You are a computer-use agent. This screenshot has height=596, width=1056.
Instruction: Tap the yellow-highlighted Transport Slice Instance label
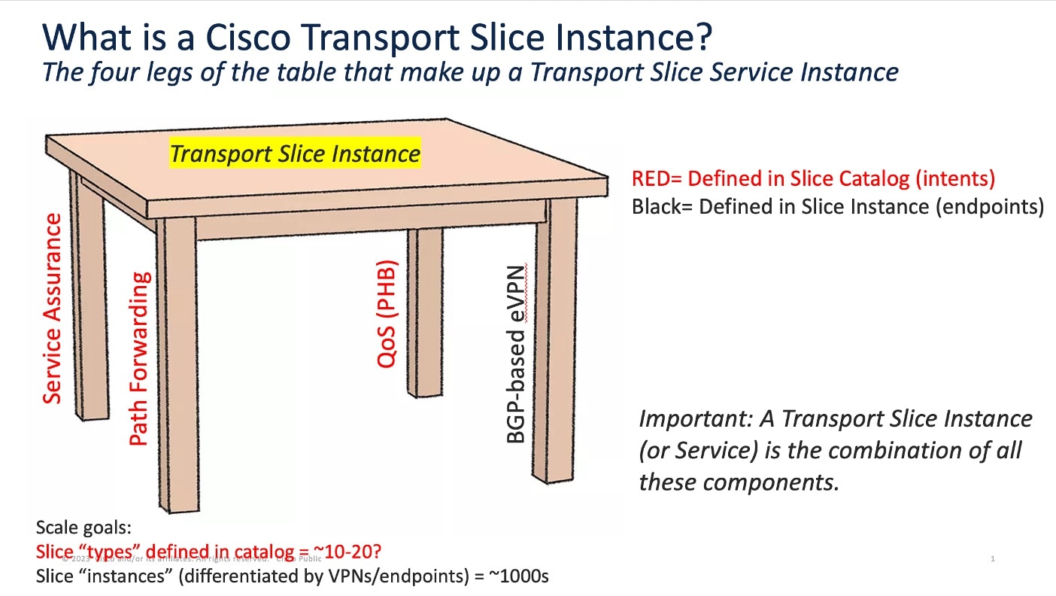pos(295,154)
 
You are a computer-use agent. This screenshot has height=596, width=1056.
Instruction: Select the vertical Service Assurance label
pos(52,309)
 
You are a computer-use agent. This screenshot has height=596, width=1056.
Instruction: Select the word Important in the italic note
pos(682,418)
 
